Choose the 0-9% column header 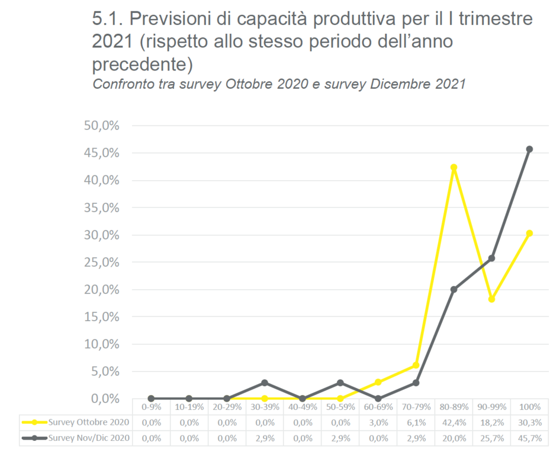coord(151,407)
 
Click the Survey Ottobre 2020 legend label coord(88,422)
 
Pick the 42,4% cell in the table coord(454,422)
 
